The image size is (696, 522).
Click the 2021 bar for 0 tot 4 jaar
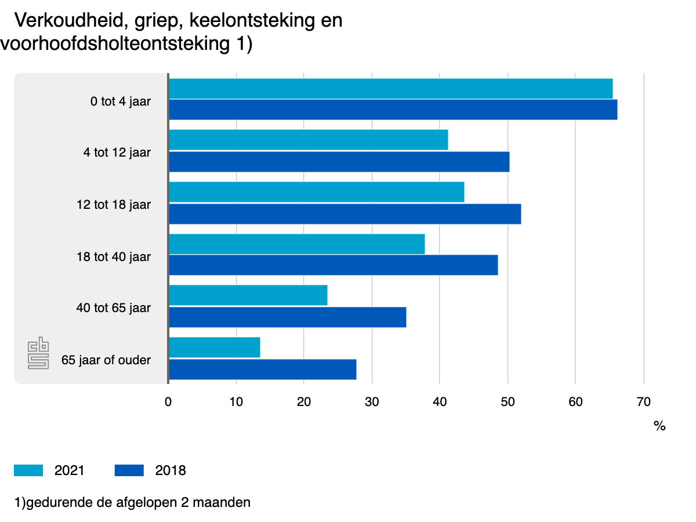pyautogui.click(x=390, y=89)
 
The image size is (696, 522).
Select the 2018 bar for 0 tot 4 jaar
pyautogui.click(x=393, y=110)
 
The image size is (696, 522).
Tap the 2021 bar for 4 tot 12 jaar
pyautogui.click(x=308, y=140)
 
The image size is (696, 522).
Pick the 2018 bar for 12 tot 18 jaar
pyautogui.click(x=345, y=214)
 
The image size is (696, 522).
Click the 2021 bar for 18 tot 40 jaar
pyautogui.click(x=296, y=244)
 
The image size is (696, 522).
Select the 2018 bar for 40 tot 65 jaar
pyautogui.click(x=287, y=317)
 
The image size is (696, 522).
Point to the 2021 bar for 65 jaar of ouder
pyautogui.click(x=214, y=347)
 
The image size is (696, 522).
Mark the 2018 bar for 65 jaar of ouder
pyautogui.click(x=262, y=369)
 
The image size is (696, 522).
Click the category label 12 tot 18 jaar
pyautogui.click(x=114, y=205)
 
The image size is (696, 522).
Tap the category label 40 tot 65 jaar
pyautogui.click(x=114, y=308)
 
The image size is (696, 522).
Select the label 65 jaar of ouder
pyautogui.click(x=106, y=360)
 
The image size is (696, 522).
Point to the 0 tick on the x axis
pyautogui.click(x=168, y=401)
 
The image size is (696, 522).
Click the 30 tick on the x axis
pyautogui.click(x=372, y=401)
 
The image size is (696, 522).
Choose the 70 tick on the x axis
pyautogui.click(x=643, y=401)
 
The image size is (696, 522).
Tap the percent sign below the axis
pyautogui.click(x=659, y=426)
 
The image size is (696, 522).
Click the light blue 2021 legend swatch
pyautogui.click(x=28, y=470)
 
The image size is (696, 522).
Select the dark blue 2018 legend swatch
pyautogui.click(x=129, y=470)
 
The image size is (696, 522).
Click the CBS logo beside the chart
pyautogui.click(x=39, y=355)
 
